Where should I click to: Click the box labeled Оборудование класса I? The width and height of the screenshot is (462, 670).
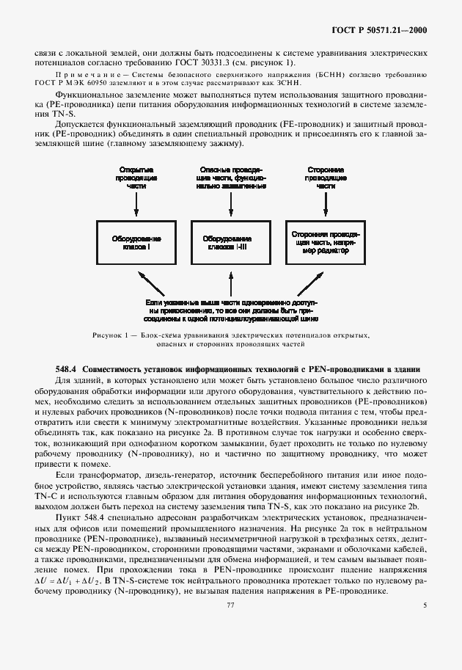pyautogui.click(x=136, y=244)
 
